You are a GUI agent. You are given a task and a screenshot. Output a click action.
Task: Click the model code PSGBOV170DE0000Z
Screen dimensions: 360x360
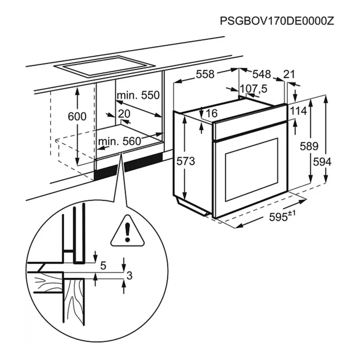coord(277,21)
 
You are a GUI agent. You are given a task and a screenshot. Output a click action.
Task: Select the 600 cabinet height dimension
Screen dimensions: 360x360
coord(77,116)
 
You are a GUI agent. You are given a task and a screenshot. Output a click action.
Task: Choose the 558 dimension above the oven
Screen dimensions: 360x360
coord(205,74)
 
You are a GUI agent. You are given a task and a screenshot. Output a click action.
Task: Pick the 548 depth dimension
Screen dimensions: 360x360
coord(261,74)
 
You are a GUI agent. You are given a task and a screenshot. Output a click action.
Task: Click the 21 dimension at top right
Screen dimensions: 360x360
coord(290,74)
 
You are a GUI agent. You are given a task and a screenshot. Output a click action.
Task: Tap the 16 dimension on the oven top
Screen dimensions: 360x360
coord(211,114)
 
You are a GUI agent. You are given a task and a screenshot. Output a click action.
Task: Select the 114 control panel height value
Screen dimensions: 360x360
coord(299,111)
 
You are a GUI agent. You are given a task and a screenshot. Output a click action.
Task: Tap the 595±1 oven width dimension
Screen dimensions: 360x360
coord(280,217)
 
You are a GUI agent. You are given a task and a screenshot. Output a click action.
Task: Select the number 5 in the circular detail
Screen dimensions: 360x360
coord(103,266)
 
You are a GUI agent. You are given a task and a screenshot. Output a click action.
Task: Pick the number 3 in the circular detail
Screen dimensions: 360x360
coord(129,276)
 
